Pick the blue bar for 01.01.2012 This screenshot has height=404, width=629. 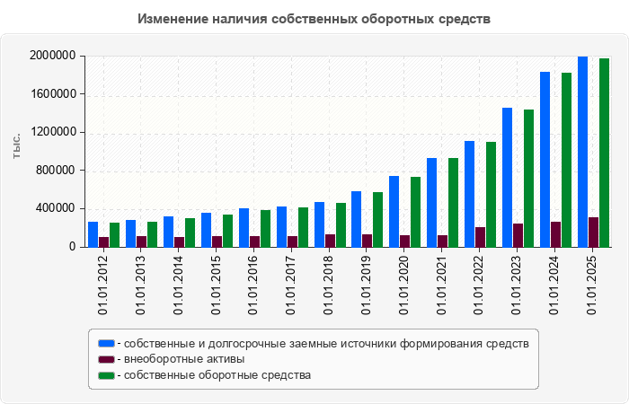point(93,234)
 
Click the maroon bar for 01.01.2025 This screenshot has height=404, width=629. point(593,232)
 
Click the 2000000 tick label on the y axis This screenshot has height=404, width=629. point(52,56)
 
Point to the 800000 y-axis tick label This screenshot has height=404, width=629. point(56,171)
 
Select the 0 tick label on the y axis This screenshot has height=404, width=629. point(72,247)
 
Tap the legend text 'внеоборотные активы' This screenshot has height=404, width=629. point(184,359)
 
